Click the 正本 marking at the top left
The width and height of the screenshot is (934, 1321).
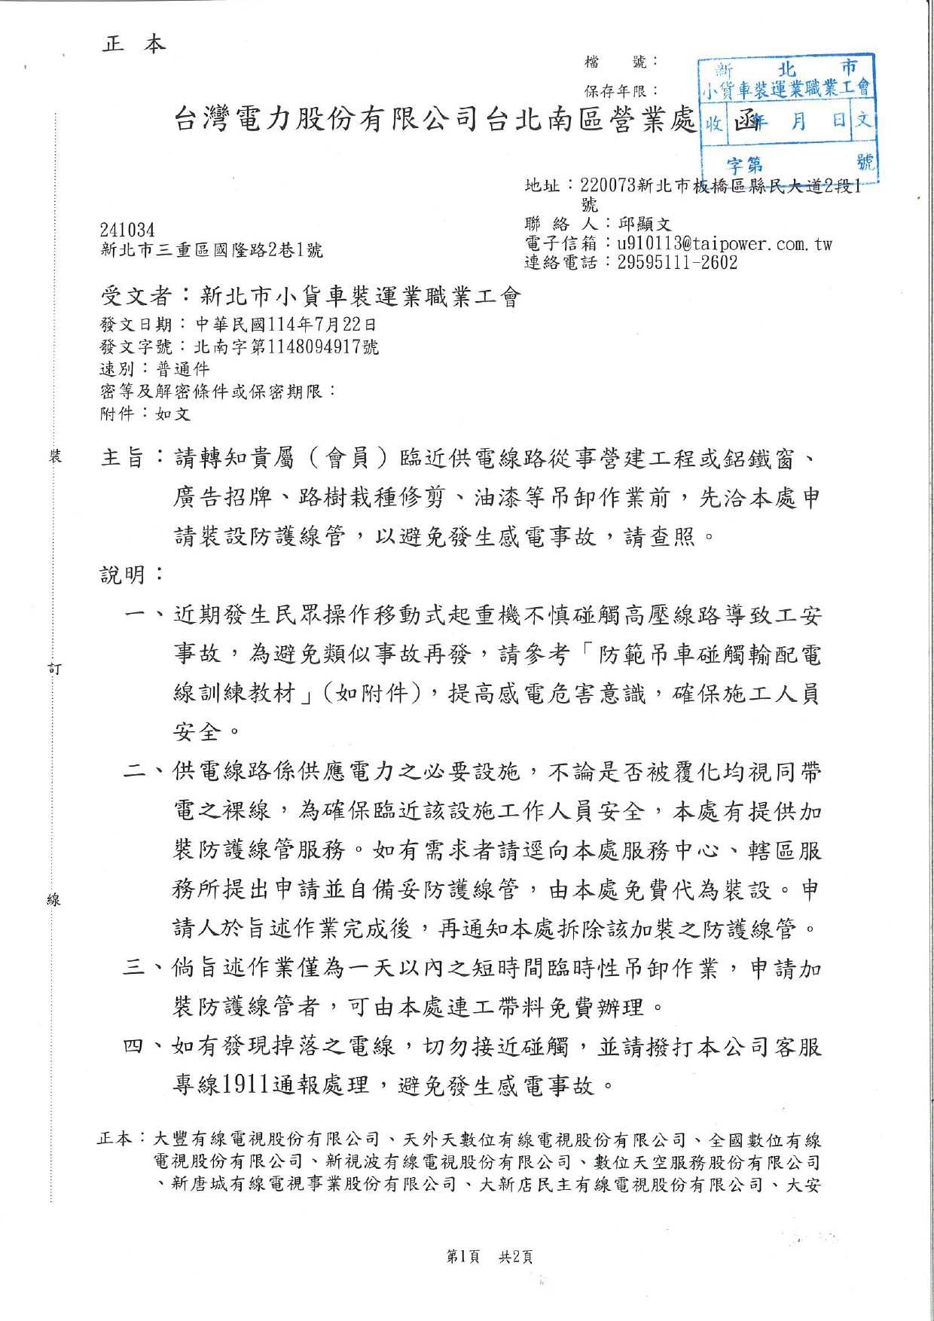click(133, 44)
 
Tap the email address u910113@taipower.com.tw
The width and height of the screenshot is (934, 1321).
click(725, 243)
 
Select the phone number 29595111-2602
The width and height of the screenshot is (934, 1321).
click(677, 262)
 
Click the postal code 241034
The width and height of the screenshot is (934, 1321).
click(127, 230)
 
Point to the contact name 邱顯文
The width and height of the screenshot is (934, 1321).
click(644, 224)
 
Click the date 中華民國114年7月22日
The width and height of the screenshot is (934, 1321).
click(285, 325)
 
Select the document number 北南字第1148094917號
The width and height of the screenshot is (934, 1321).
click(286, 346)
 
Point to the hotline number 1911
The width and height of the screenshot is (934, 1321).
click(246, 1085)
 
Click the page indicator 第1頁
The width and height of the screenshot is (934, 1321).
click(463, 1256)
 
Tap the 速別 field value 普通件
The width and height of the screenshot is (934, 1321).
click(182, 369)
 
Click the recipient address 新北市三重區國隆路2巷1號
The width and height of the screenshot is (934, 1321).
click(212, 250)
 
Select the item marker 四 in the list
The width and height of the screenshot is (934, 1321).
click(133, 1046)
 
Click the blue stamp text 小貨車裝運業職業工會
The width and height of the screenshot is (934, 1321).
click(786, 90)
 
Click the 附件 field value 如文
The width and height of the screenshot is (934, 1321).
click(172, 413)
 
